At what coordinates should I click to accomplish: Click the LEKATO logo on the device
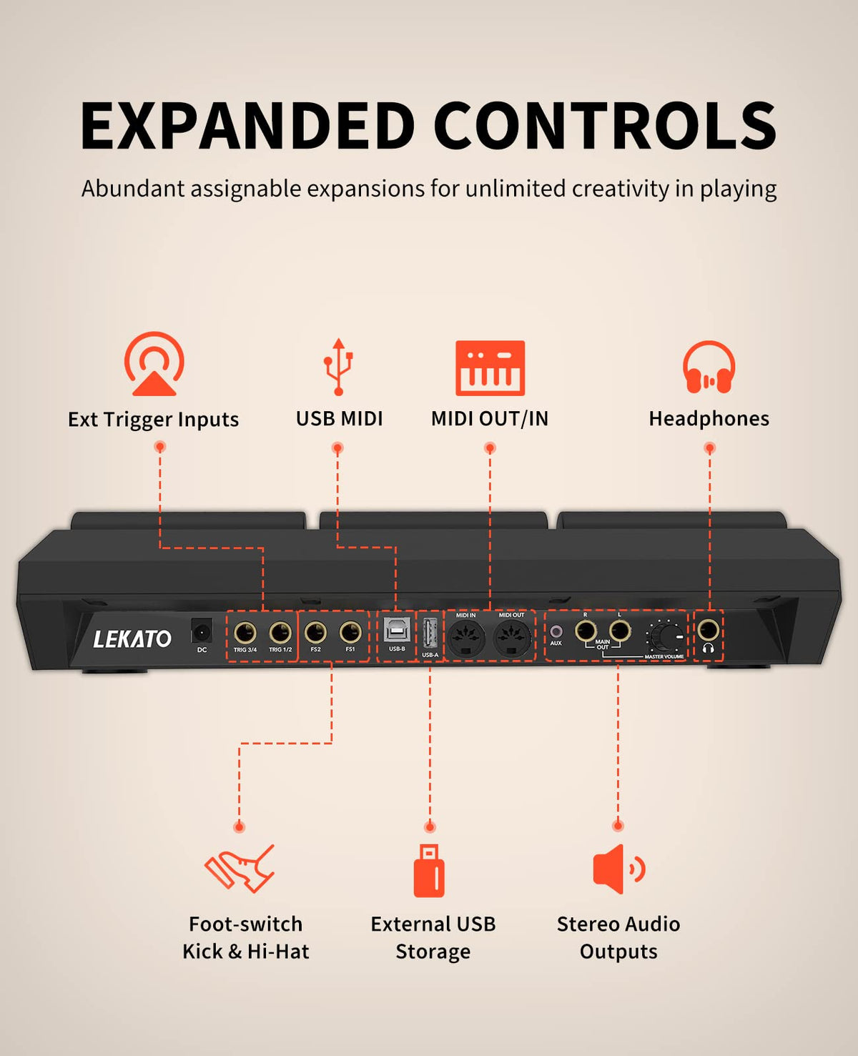132,638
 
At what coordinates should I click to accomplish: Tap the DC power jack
202,632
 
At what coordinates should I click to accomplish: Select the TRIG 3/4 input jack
245,633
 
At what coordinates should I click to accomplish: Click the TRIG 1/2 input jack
280,633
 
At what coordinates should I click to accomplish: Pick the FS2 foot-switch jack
315,633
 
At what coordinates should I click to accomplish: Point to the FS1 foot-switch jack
350,633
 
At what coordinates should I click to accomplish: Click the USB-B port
397,630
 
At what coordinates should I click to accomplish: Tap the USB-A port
430,633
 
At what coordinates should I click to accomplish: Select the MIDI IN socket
466,636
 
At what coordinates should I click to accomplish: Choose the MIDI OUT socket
512,636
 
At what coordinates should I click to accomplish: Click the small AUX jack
556,631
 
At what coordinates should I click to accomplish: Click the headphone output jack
708,630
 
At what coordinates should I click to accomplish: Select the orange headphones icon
709,367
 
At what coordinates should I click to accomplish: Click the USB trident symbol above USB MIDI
338,367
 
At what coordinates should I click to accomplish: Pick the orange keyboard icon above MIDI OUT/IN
490,368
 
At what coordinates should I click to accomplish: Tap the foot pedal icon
240,868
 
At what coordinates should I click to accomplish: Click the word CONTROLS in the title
605,126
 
